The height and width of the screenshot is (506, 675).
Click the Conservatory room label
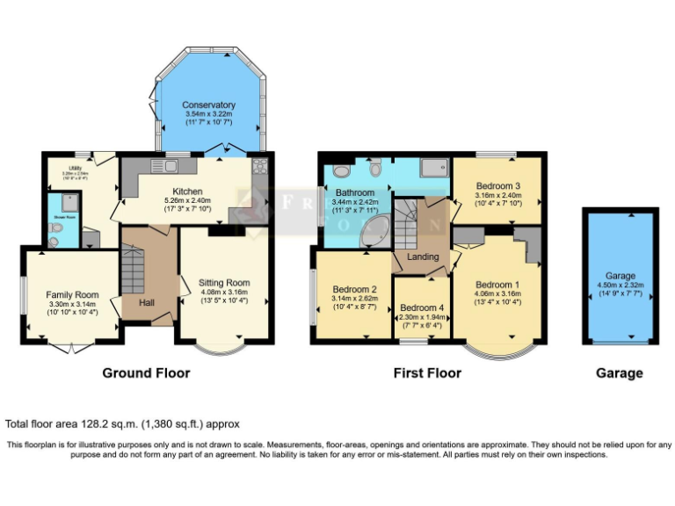(x=210, y=105)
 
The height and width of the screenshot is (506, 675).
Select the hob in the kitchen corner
(x=260, y=166)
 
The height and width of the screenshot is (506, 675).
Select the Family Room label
(x=74, y=294)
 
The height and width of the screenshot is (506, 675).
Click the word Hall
(x=147, y=302)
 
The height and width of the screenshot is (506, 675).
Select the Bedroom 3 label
(x=498, y=186)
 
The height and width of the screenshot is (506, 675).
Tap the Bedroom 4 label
(x=423, y=307)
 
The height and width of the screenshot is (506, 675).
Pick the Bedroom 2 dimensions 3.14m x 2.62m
(x=354, y=299)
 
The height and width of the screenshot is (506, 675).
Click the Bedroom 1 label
(x=497, y=285)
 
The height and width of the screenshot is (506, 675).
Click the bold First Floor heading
(x=427, y=372)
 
